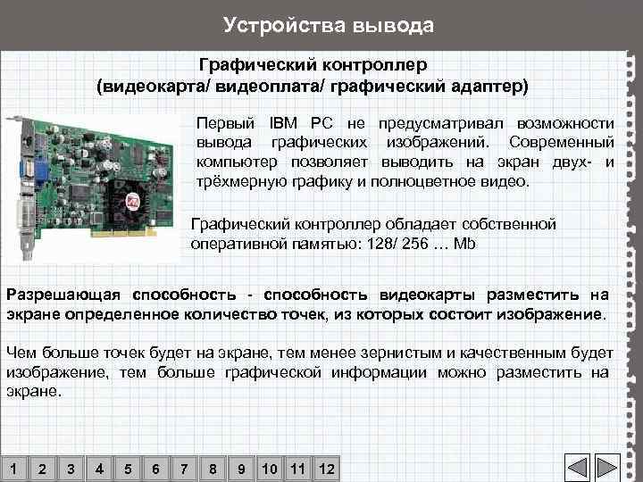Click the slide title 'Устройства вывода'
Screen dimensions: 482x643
(328, 24)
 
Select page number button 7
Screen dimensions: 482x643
(184, 468)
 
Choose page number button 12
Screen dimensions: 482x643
(326, 468)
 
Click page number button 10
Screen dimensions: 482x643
(269, 468)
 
